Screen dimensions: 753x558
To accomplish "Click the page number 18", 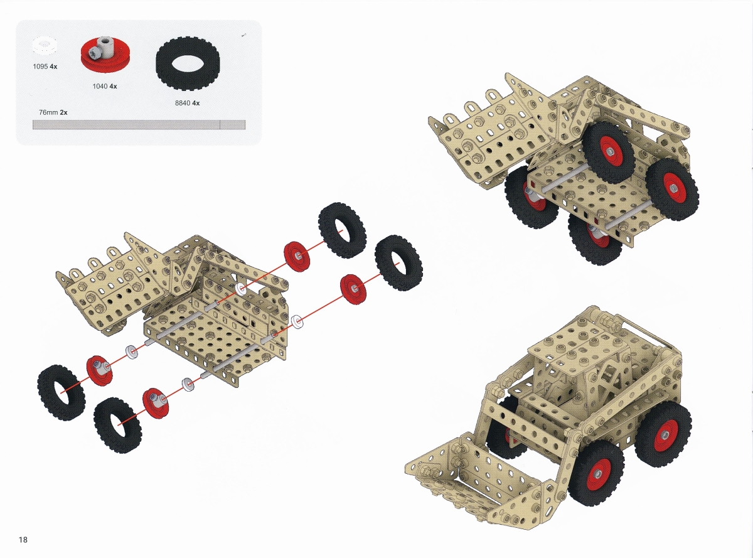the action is click(x=23, y=540).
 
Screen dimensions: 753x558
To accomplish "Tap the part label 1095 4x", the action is click(x=45, y=67).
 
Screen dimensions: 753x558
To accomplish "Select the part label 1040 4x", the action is click(x=105, y=86).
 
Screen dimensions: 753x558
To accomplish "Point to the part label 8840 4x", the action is click(x=187, y=103).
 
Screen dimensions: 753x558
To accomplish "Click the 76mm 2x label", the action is click(x=53, y=112).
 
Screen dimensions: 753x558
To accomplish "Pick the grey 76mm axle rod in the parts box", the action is click(x=139, y=124).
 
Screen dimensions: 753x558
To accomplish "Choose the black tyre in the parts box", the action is click(x=188, y=65).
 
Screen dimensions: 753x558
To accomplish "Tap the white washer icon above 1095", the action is click(x=44, y=45).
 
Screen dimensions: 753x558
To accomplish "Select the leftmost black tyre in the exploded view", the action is click(x=61, y=392).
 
